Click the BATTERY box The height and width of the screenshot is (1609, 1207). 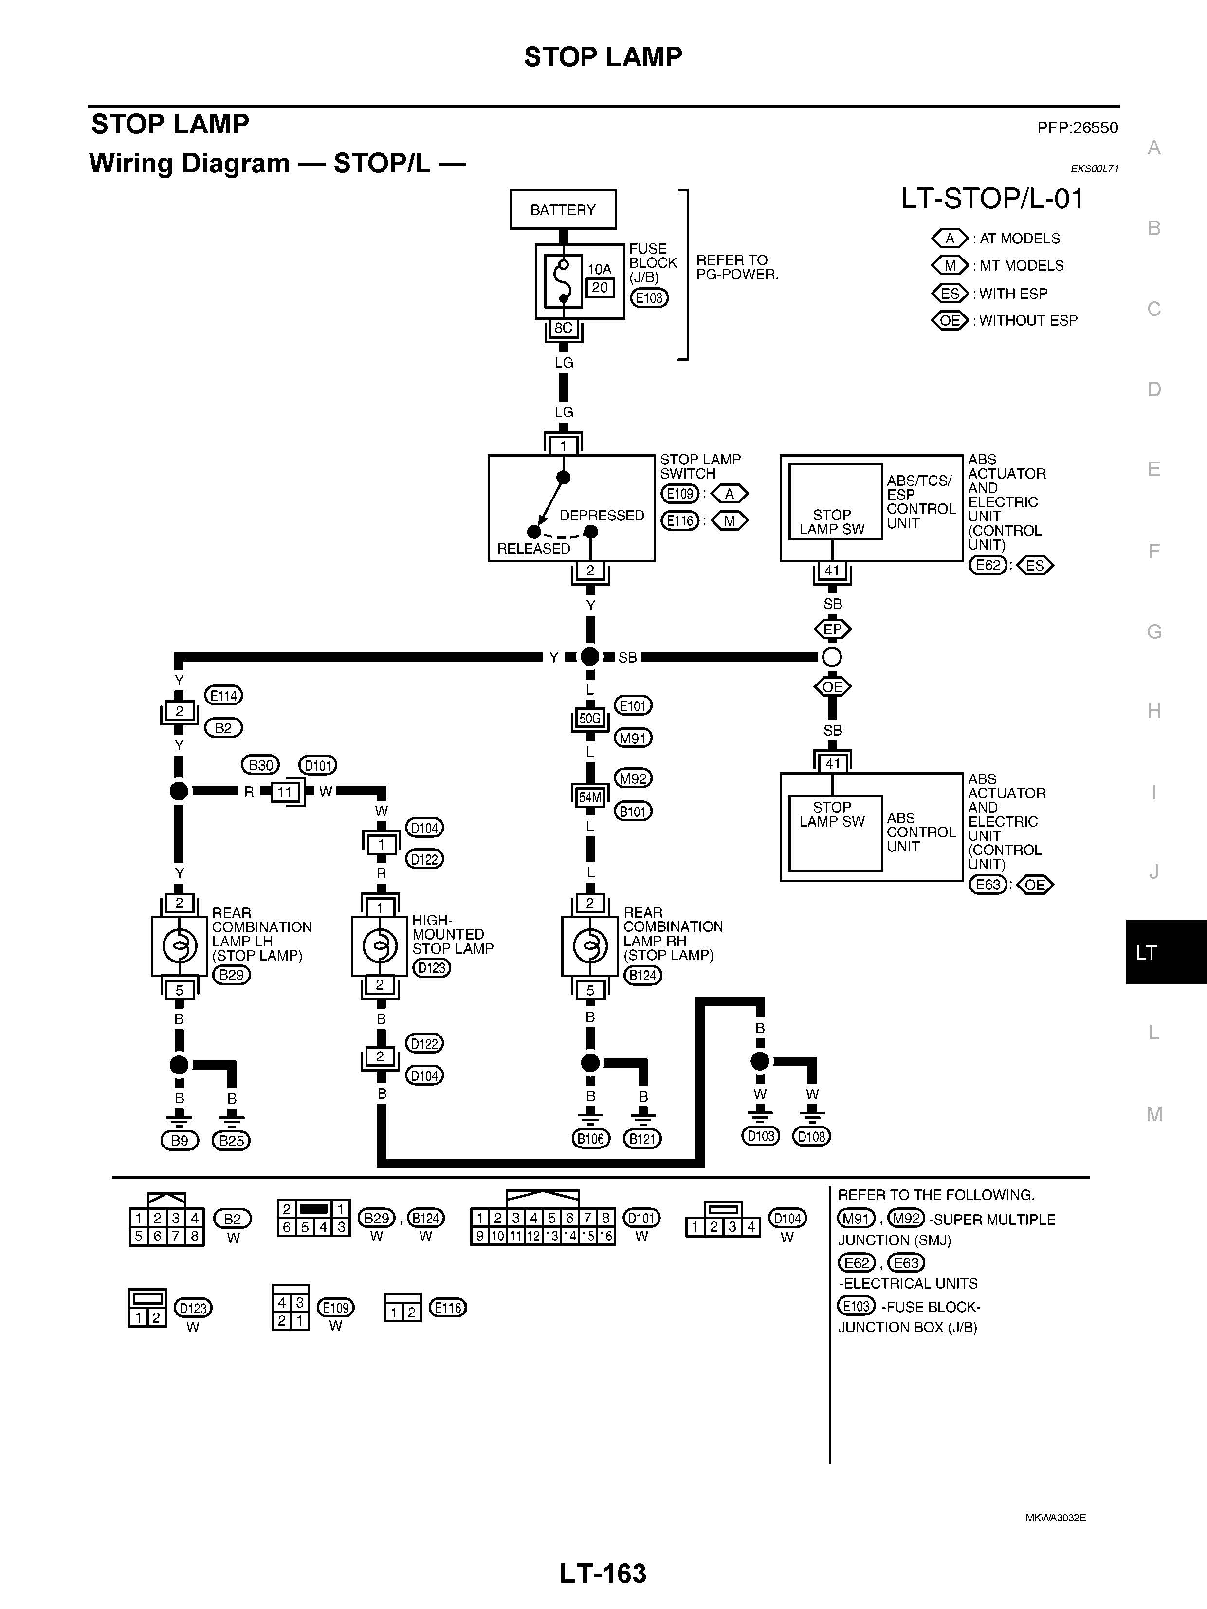(563, 209)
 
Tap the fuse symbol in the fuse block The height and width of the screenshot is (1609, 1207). (562, 281)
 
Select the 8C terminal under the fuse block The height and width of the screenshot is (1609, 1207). (564, 328)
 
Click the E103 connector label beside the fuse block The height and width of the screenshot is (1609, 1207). (649, 297)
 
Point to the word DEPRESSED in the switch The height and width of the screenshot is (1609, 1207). (602, 516)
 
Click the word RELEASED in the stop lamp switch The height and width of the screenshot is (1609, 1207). (534, 549)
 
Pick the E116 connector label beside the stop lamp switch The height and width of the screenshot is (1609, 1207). (680, 521)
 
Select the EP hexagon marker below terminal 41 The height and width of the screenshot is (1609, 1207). (833, 629)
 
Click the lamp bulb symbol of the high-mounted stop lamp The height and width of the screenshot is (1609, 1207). (380, 945)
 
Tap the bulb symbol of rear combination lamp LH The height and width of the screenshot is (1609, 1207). (180, 945)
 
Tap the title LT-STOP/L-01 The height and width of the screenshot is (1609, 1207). (992, 199)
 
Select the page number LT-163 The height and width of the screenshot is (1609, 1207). (603, 1573)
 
